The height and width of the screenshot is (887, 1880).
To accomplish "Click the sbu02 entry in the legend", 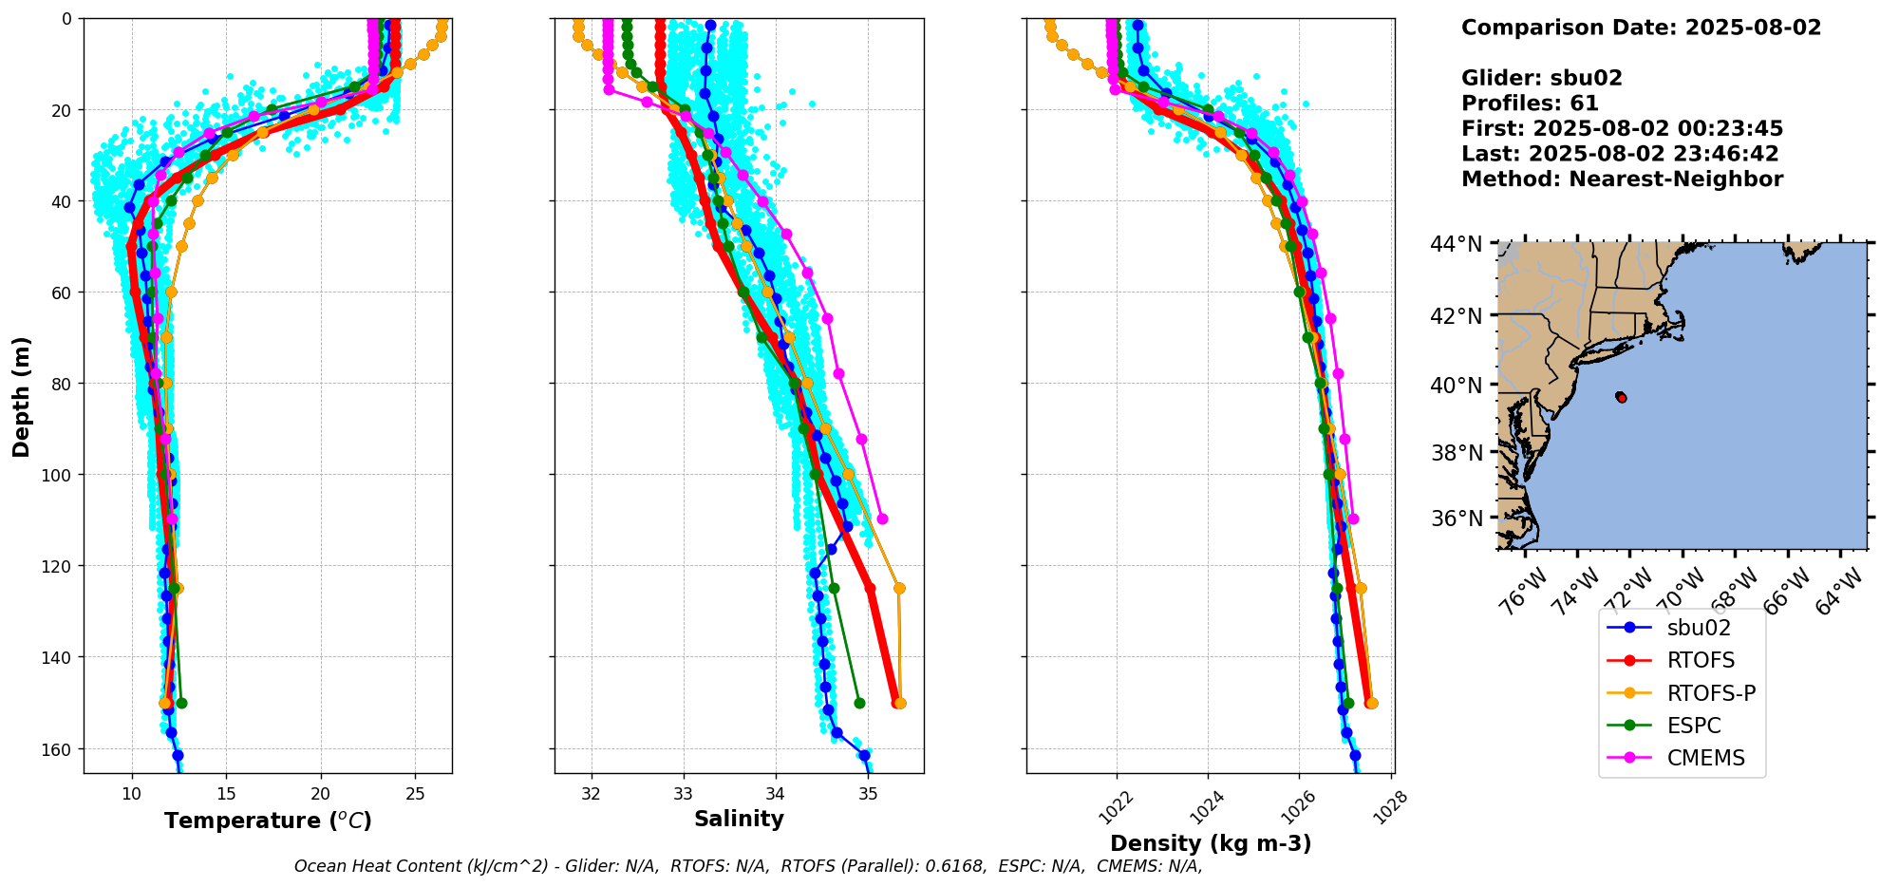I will [1698, 628].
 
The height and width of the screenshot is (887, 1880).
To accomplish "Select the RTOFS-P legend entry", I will [1710, 693].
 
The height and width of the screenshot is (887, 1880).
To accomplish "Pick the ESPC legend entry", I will [1693, 726].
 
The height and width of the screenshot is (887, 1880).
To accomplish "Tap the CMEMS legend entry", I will [1705, 758].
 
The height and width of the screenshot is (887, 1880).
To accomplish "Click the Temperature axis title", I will [268, 821].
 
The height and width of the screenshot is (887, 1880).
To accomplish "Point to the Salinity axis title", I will [739, 820].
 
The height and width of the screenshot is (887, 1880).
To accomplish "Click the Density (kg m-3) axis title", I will [1211, 843].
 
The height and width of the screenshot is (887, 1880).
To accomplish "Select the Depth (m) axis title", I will [21, 396].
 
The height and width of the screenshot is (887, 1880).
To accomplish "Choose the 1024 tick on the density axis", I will [1206, 807].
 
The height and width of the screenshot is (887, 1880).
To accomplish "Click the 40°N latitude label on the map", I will [1456, 386].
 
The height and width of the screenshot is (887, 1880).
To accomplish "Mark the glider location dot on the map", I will [1621, 397].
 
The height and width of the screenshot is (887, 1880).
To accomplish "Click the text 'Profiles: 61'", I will [1530, 104].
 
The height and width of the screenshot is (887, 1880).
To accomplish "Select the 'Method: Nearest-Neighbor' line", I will [1622, 179].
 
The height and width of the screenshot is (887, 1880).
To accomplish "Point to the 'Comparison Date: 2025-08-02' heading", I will [1641, 28].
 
